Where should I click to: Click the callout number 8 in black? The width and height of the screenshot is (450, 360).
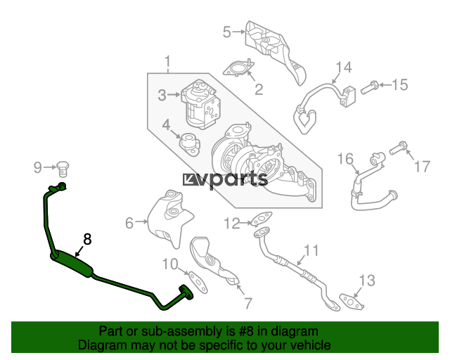[87, 239]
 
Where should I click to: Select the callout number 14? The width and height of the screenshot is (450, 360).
[344, 67]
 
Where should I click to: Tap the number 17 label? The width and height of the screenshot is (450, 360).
[422, 167]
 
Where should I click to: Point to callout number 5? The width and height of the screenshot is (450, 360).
[226, 32]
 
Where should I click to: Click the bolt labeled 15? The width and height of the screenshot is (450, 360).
[369, 88]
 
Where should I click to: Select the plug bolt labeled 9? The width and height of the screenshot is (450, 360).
[63, 169]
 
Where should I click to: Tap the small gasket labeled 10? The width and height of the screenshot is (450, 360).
[198, 282]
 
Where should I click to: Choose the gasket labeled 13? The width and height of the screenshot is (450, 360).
[352, 302]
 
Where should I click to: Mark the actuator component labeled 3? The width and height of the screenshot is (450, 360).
[200, 104]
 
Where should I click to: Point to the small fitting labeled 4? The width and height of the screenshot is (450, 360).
[189, 144]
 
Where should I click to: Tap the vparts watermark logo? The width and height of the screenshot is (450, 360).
[225, 180]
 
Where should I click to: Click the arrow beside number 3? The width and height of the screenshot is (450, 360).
[174, 94]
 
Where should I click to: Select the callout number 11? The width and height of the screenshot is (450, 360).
[311, 250]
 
